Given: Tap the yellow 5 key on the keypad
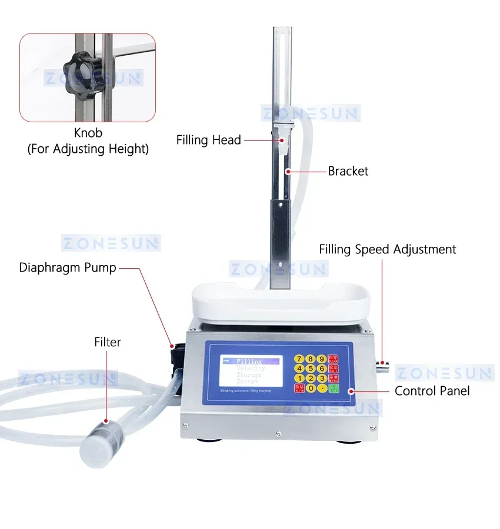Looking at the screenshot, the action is (311, 369).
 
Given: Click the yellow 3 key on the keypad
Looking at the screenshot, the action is (322, 379).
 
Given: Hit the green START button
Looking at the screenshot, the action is (334, 388).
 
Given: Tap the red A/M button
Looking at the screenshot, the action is (300, 389).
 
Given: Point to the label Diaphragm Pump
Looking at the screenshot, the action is (68, 268).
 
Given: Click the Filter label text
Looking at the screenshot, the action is (108, 341).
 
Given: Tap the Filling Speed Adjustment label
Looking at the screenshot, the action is (388, 249).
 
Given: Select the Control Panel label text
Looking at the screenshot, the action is (432, 391).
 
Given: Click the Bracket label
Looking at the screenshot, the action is (348, 172).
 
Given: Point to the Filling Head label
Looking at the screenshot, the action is (209, 140).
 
